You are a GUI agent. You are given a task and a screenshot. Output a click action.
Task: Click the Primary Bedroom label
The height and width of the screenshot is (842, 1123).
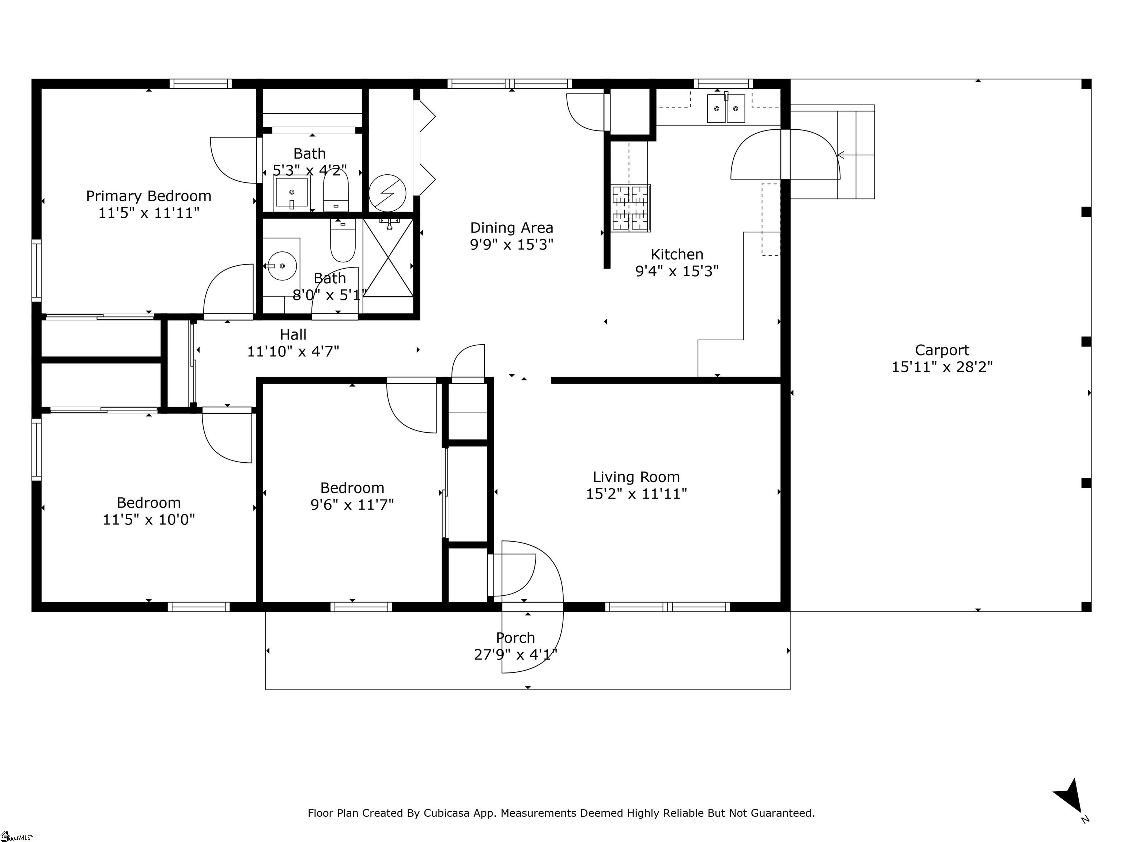coord(148,196)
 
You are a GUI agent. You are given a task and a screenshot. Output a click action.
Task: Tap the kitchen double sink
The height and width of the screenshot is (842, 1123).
coord(726,109)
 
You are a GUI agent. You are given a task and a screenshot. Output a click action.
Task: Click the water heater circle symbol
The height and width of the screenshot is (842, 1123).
coord(387,193)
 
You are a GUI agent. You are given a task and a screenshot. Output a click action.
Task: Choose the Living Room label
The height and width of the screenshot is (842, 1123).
coord(636,477)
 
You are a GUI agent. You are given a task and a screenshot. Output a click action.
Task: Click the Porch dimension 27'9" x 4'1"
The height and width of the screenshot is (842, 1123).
coord(515,655)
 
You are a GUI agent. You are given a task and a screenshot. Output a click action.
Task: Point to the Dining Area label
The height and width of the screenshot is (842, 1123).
coord(511,228)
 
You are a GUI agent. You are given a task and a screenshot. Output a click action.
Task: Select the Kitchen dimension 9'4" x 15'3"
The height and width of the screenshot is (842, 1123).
coord(677,272)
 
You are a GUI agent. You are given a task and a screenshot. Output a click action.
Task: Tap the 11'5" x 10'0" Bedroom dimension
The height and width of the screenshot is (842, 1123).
coord(149,520)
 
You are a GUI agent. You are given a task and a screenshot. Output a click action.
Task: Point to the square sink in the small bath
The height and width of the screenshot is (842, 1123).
coord(291,193)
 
